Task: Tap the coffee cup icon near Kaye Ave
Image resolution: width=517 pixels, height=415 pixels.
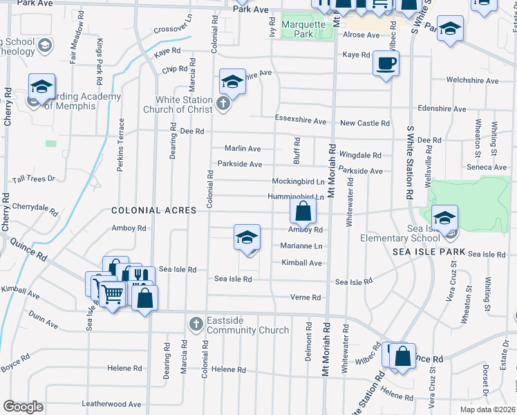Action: (x=386, y=64)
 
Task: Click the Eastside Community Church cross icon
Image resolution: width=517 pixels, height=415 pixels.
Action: (x=196, y=324)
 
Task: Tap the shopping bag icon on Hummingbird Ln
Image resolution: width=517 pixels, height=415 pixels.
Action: (x=303, y=210)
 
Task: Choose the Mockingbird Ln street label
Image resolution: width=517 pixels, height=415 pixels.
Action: (x=298, y=181)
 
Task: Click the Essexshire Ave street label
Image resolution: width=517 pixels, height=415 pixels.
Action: (x=301, y=121)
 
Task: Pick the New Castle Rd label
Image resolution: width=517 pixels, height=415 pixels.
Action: (x=365, y=123)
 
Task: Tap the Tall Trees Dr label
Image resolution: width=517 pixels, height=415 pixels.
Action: (x=32, y=179)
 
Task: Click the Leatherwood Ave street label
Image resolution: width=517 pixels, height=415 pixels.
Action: (x=111, y=404)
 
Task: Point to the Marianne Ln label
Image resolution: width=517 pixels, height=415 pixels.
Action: (x=301, y=246)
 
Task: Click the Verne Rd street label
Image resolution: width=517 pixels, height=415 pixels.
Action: (x=306, y=297)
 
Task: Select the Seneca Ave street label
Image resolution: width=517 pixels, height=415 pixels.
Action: (x=487, y=167)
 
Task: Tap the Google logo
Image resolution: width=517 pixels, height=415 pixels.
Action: (x=23, y=407)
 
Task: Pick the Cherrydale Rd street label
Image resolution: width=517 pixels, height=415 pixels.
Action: (x=34, y=207)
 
